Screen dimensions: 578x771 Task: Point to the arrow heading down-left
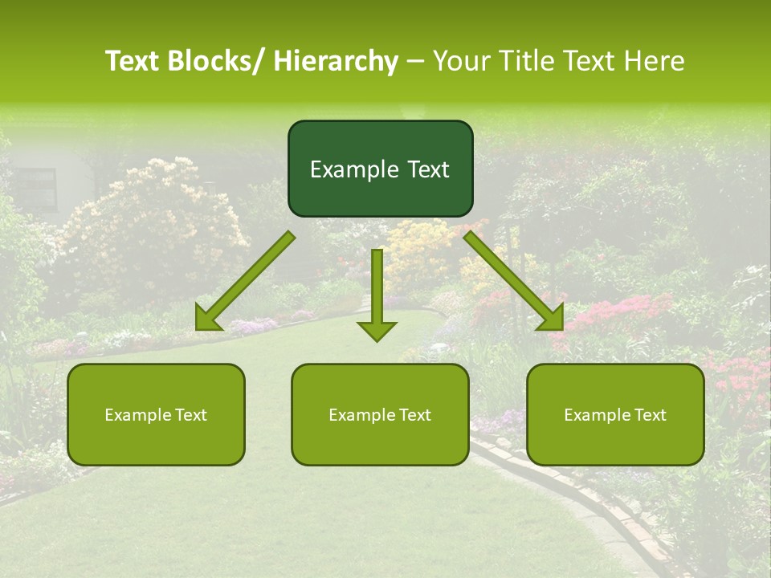pyautogui.click(x=244, y=282)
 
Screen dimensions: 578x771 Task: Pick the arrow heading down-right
pyautogui.click(x=515, y=282)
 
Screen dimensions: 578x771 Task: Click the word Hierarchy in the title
pyautogui.click(x=336, y=62)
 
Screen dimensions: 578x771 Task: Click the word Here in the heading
pyautogui.click(x=656, y=62)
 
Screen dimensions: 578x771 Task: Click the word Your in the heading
pyautogui.click(x=460, y=62)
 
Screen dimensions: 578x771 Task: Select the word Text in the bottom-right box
pyautogui.click(x=649, y=415)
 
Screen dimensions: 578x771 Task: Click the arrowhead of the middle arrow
pyautogui.click(x=377, y=330)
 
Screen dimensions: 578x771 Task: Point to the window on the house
pyautogui.click(x=38, y=189)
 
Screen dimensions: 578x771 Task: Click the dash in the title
pyautogui.click(x=415, y=62)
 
